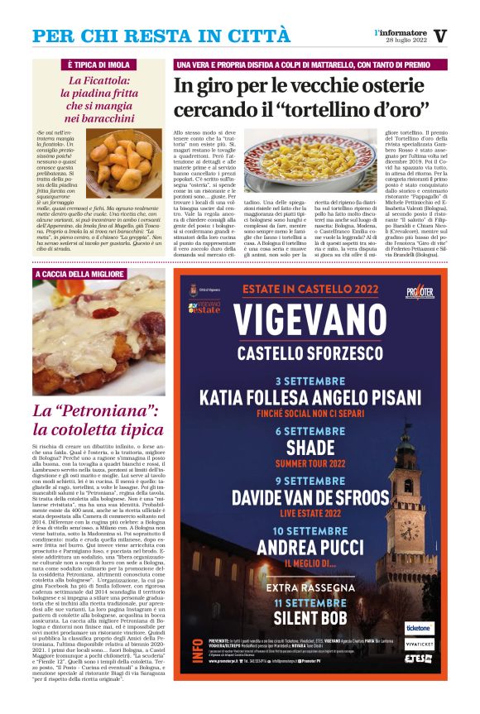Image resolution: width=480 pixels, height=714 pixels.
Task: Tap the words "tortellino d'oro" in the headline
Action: coord(348,108)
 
